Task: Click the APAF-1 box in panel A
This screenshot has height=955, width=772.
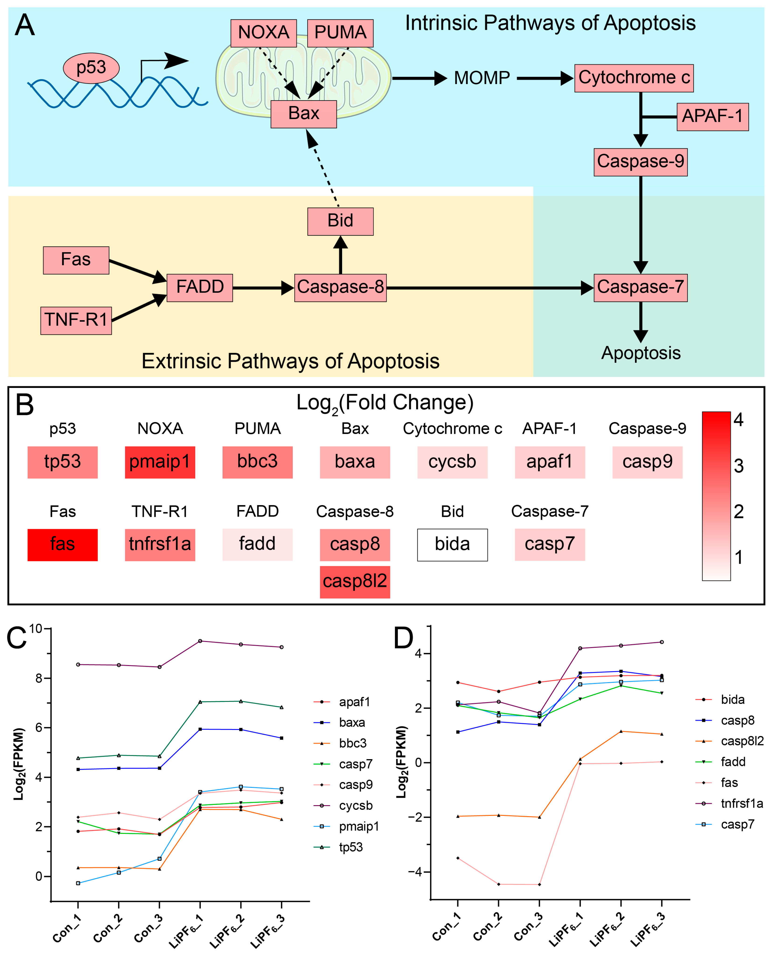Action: (x=712, y=116)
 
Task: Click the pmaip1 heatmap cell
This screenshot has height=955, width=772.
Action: (x=160, y=462)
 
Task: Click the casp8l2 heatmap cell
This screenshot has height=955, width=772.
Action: (x=355, y=581)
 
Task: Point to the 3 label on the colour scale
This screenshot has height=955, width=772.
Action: (x=739, y=466)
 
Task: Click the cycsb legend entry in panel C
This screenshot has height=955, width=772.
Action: (x=355, y=806)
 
